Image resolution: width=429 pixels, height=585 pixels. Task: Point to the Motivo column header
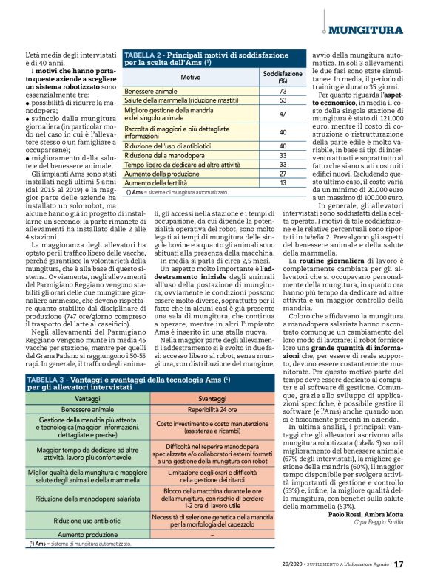191,77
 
